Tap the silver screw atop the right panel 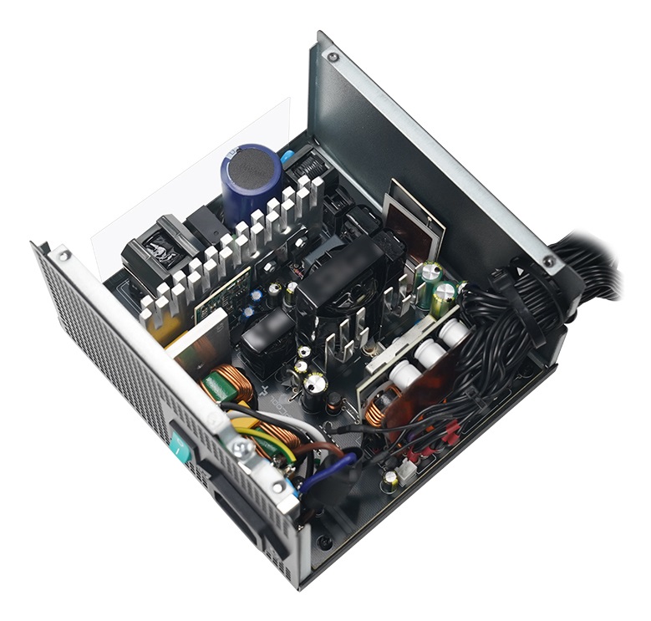[333, 57]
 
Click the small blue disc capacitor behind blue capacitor [287, 155]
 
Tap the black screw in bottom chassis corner [325, 541]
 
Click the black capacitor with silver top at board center [315, 384]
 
